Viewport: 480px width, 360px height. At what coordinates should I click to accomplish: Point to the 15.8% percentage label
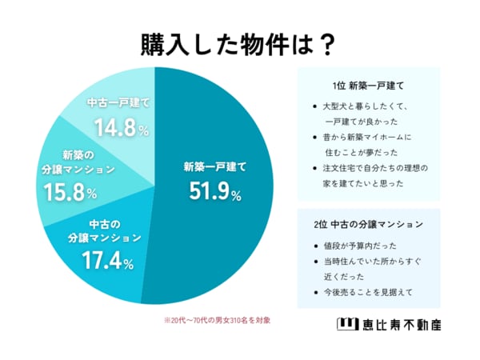click(68, 192)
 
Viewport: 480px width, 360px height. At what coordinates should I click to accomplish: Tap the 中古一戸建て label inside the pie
click(118, 104)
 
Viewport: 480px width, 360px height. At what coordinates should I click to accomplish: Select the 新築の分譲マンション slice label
click(70, 162)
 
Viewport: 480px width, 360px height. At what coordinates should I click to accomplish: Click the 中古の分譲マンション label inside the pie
click(105, 230)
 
